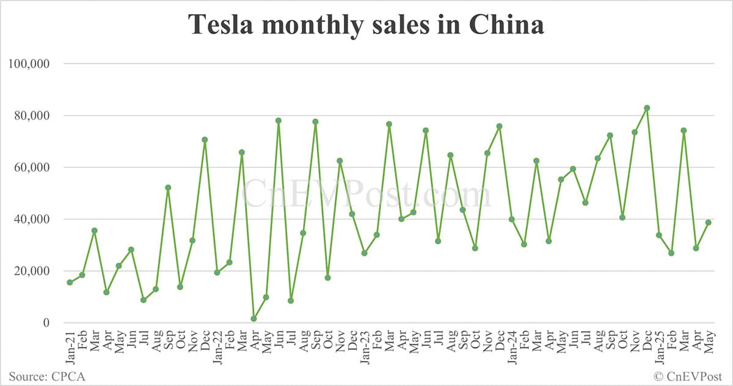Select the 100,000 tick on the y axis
click(30, 64)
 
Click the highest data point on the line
click(647, 108)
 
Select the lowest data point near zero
click(253, 319)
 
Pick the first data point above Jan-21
click(70, 282)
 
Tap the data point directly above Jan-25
click(659, 235)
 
